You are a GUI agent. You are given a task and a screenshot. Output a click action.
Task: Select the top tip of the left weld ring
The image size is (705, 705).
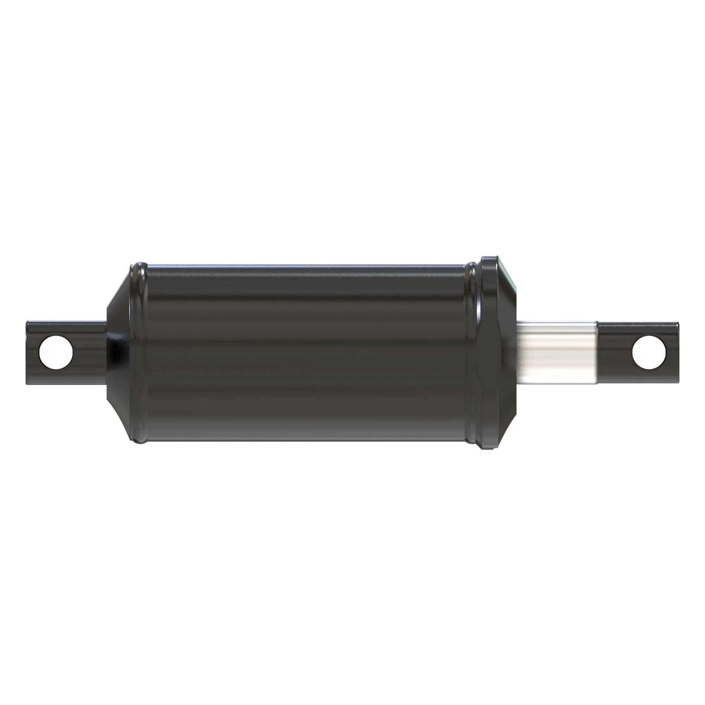click(x=141, y=263)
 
